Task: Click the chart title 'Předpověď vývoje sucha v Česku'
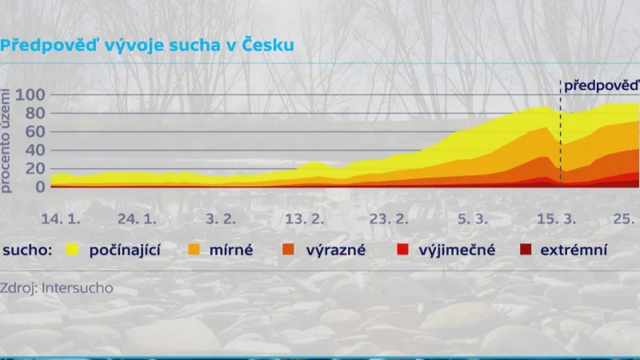[x=147, y=45]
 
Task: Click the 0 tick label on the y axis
[x=41, y=186]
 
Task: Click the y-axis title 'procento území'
[x=7, y=141]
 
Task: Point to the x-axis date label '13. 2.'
[x=305, y=218]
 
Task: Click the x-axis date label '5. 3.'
[x=471, y=218]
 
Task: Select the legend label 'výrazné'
[x=335, y=250]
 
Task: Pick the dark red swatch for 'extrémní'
[x=526, y=250]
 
